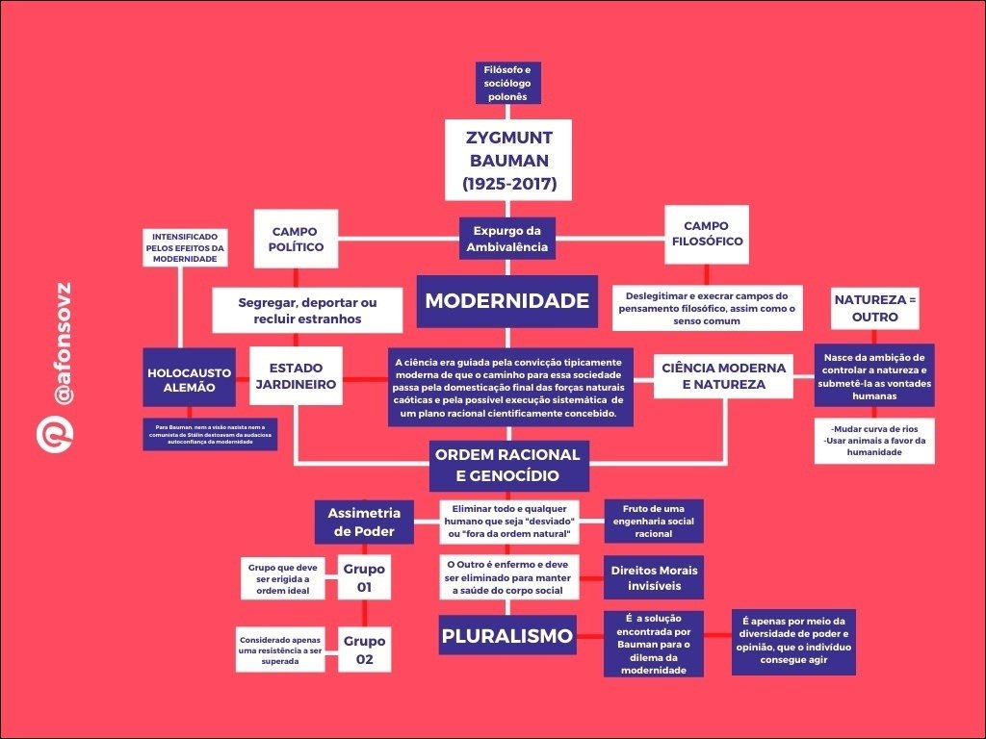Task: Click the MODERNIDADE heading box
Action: pyautogui.click(x=506, y=301)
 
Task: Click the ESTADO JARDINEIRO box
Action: pyautogui.click(x=296, y=376)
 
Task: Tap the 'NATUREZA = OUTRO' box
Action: pyautogui.click(x=874, y=308)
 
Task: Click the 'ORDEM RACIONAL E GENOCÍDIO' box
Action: pyautogui.click(x=507, y=465)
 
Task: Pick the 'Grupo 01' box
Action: pyautogui.click(x=364, y=576)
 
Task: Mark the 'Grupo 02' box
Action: pyautogui.click(x=364, y=649)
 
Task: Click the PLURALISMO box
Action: pyautogui.click(x=506, y=636)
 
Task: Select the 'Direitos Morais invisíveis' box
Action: pyautogui.click(x=654, y=577)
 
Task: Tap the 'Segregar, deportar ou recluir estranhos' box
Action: pyautogui.click(x=307, y=310)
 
